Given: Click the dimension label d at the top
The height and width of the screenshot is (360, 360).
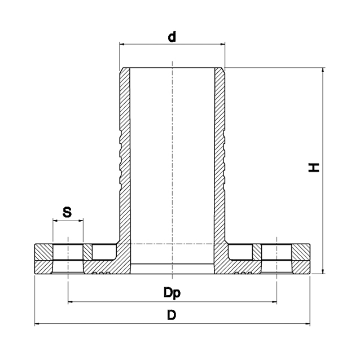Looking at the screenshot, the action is click(172, 37).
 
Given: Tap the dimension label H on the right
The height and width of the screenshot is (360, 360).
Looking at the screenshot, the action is click(314, 168).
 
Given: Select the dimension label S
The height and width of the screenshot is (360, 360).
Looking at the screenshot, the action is click(67, 212).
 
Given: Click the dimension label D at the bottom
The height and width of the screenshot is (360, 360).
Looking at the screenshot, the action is click(172, 315).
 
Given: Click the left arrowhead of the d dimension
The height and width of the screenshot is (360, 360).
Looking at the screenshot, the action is click(122, 44).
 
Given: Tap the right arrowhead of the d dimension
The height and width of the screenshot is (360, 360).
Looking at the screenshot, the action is click(222, 44).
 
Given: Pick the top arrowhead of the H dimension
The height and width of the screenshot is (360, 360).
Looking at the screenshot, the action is click(323, 70).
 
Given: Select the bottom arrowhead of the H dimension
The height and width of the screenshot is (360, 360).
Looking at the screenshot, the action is click(323, 271).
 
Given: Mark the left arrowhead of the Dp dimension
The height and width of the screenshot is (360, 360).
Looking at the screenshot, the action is click(71, 302).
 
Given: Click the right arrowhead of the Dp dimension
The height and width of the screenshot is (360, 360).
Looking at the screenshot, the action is click(274, 302).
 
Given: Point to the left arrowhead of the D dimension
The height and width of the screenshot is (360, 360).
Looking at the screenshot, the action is click(37, 324).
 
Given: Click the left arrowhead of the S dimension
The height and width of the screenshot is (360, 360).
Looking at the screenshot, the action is click(55, 221).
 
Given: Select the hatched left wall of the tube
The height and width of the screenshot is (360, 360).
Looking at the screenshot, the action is click(125, 156).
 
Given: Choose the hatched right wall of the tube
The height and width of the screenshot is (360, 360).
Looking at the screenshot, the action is click(219, 156).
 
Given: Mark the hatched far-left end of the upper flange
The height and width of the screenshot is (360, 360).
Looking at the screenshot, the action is click(43, 252).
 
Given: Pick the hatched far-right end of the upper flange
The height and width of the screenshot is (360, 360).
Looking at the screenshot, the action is click(301, 252).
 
